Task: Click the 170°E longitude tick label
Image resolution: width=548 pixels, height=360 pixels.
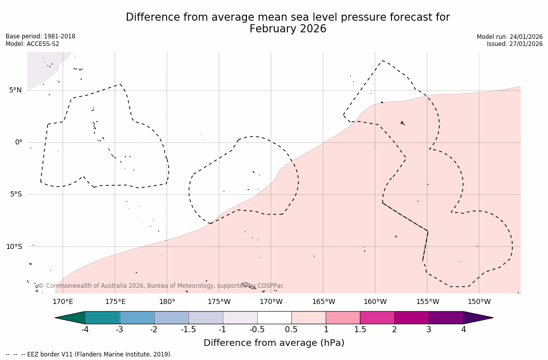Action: [x=63, y=302]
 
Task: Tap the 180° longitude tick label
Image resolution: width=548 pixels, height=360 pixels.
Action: [x=167, y=302]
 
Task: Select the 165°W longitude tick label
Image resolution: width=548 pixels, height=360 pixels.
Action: [x=323, y=302]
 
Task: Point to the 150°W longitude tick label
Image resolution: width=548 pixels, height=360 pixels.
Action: [x=479, y=302]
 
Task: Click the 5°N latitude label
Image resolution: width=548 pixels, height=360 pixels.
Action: [x=15, y=90]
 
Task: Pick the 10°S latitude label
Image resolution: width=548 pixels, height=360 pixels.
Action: [x=14, y=246]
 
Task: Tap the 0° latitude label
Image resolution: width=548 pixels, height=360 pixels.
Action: [x=19, y=142]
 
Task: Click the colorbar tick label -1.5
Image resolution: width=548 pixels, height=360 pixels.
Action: [x=188, y=330]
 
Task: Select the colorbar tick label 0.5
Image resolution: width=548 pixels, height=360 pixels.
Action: [x=291, y=330]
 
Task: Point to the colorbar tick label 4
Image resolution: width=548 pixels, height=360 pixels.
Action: [x=463, y=330]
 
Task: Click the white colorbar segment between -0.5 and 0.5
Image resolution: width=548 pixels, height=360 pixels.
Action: [x=274, y=318]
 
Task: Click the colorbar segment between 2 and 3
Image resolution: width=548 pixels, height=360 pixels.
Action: [x=412, y=318]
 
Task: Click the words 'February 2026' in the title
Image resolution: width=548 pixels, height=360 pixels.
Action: [x=288, y=29]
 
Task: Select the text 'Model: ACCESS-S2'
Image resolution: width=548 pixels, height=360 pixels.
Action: [x=32, y=44]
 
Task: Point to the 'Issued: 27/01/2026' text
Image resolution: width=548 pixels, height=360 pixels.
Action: [x=515, y=44]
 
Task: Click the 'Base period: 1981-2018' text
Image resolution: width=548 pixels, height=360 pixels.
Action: [x=40, y=36]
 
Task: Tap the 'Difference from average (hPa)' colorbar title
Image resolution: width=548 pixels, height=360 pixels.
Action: [x=274, y=343]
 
